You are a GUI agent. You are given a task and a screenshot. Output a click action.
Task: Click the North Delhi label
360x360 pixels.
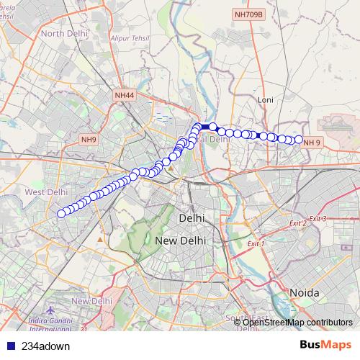[63, 33]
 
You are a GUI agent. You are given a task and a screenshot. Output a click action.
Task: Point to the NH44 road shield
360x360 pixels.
[124, 95]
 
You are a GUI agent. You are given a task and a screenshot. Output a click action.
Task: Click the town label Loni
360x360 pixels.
[266, 99]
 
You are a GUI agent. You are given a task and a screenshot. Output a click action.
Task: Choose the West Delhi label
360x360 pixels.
[45, 192]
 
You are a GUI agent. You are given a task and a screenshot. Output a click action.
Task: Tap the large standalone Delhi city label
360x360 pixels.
[192, 217]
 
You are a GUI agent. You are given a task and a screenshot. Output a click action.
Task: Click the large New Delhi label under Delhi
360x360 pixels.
[180, 240]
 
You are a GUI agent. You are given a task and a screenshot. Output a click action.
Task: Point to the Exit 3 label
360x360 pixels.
[318, 218]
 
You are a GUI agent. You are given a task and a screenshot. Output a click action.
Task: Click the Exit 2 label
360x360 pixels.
[298, 223]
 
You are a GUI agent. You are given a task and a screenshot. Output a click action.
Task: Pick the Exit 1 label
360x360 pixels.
[256, 244]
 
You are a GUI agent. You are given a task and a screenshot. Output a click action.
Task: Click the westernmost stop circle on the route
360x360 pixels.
[61, 213]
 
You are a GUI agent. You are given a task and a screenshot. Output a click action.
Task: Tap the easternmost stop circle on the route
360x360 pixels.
[299, 140]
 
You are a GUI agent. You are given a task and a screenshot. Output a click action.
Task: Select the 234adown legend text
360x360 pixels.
[47, 346]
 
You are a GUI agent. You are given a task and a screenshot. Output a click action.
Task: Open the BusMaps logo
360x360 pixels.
[328, 346]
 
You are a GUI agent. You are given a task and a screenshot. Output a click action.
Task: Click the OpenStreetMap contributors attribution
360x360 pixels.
[297, 322]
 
